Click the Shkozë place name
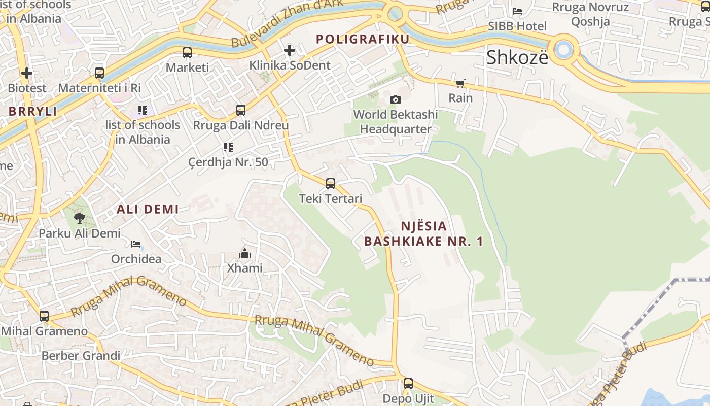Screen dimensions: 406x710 click(517, 57)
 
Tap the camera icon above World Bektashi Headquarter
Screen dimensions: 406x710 click(396, 99)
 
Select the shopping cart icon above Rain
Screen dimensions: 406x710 click(460, 83)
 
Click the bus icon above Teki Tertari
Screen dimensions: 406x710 click(331, 183)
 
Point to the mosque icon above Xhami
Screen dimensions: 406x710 click(245, 253)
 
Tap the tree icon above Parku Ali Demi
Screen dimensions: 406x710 click(79, 218)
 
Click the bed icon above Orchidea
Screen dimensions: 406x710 click(136, 244)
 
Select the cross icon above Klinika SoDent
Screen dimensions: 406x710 click(290, 50)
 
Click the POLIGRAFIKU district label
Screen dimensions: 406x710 click(362, 39)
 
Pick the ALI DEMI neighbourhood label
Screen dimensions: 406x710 click(148, 209)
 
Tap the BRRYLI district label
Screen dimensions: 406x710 click(32, 112)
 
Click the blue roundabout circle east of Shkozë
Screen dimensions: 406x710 click(563, 50)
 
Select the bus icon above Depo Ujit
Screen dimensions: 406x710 click(408, 384)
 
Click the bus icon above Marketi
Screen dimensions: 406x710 click(187, 52)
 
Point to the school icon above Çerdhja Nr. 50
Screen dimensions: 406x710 click(228, 147)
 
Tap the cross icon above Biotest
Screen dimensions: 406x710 click(27, 73)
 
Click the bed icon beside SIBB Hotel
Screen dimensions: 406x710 click(517, 11)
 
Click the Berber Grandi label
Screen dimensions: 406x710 click(81, 355)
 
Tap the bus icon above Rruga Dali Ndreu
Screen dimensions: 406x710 click(241, 110)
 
